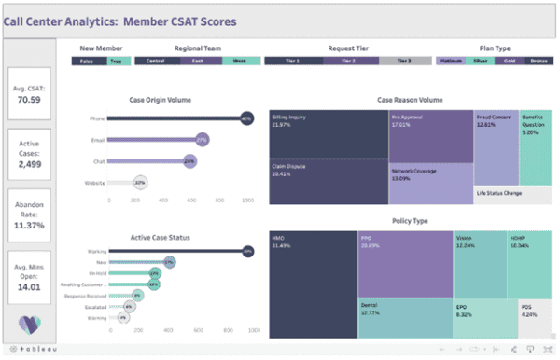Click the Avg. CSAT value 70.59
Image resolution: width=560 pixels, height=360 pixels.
point(30,92)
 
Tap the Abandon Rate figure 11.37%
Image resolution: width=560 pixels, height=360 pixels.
point(30,224)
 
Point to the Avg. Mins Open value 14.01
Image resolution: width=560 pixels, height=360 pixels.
point(30,288)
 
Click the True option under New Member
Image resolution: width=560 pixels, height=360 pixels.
point(116,61)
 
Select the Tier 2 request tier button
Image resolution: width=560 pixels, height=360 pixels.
point(351,61)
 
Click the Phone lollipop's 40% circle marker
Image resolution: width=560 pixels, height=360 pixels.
point(246,118)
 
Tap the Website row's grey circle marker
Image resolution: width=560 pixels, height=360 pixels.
point(140,184)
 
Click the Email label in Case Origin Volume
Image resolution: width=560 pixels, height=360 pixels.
point(97,140)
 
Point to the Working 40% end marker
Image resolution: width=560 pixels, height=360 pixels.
point(247,251)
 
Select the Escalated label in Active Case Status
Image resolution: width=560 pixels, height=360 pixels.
point(93,306)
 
